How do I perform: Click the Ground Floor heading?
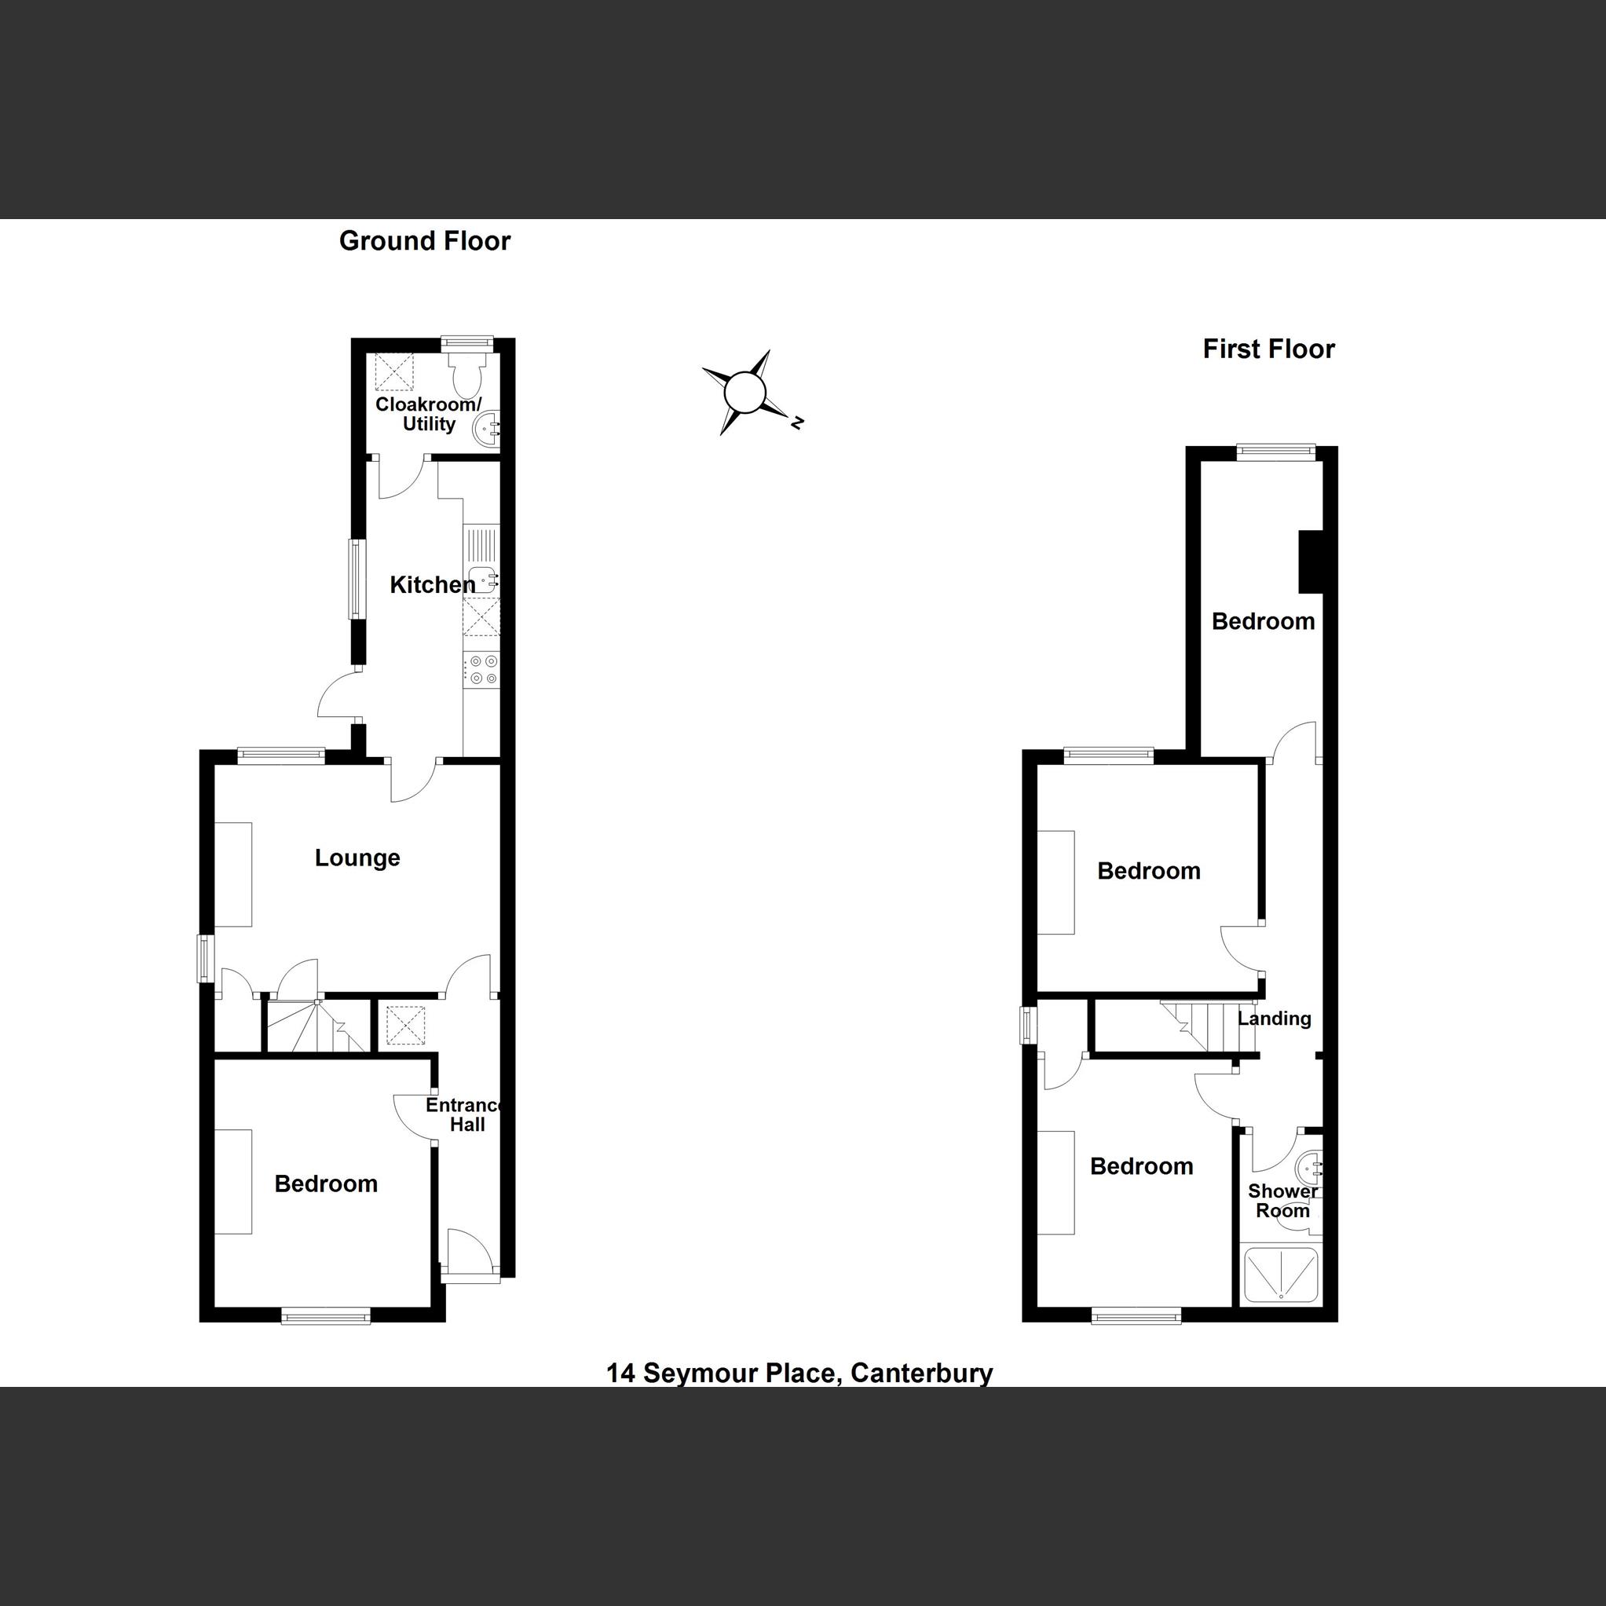click(424, 241)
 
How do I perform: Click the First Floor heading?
click(1268, 349)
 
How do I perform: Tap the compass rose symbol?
click(744, 393)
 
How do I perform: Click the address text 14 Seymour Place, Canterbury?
click(799, 1373)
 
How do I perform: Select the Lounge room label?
click(357, 858)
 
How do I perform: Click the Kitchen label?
click(432, 585)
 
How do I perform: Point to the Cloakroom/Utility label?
click(428, 414)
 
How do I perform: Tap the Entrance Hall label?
click(466, 1114)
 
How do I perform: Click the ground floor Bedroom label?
click(326, 1183)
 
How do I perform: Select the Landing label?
click(1275, 1019)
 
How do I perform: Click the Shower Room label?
click(1282, 1202)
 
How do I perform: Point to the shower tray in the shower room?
click(1280, 1274)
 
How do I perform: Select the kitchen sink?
click(481, 576)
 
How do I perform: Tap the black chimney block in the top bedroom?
click(1310, 562)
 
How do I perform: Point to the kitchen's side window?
click(357, 580)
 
